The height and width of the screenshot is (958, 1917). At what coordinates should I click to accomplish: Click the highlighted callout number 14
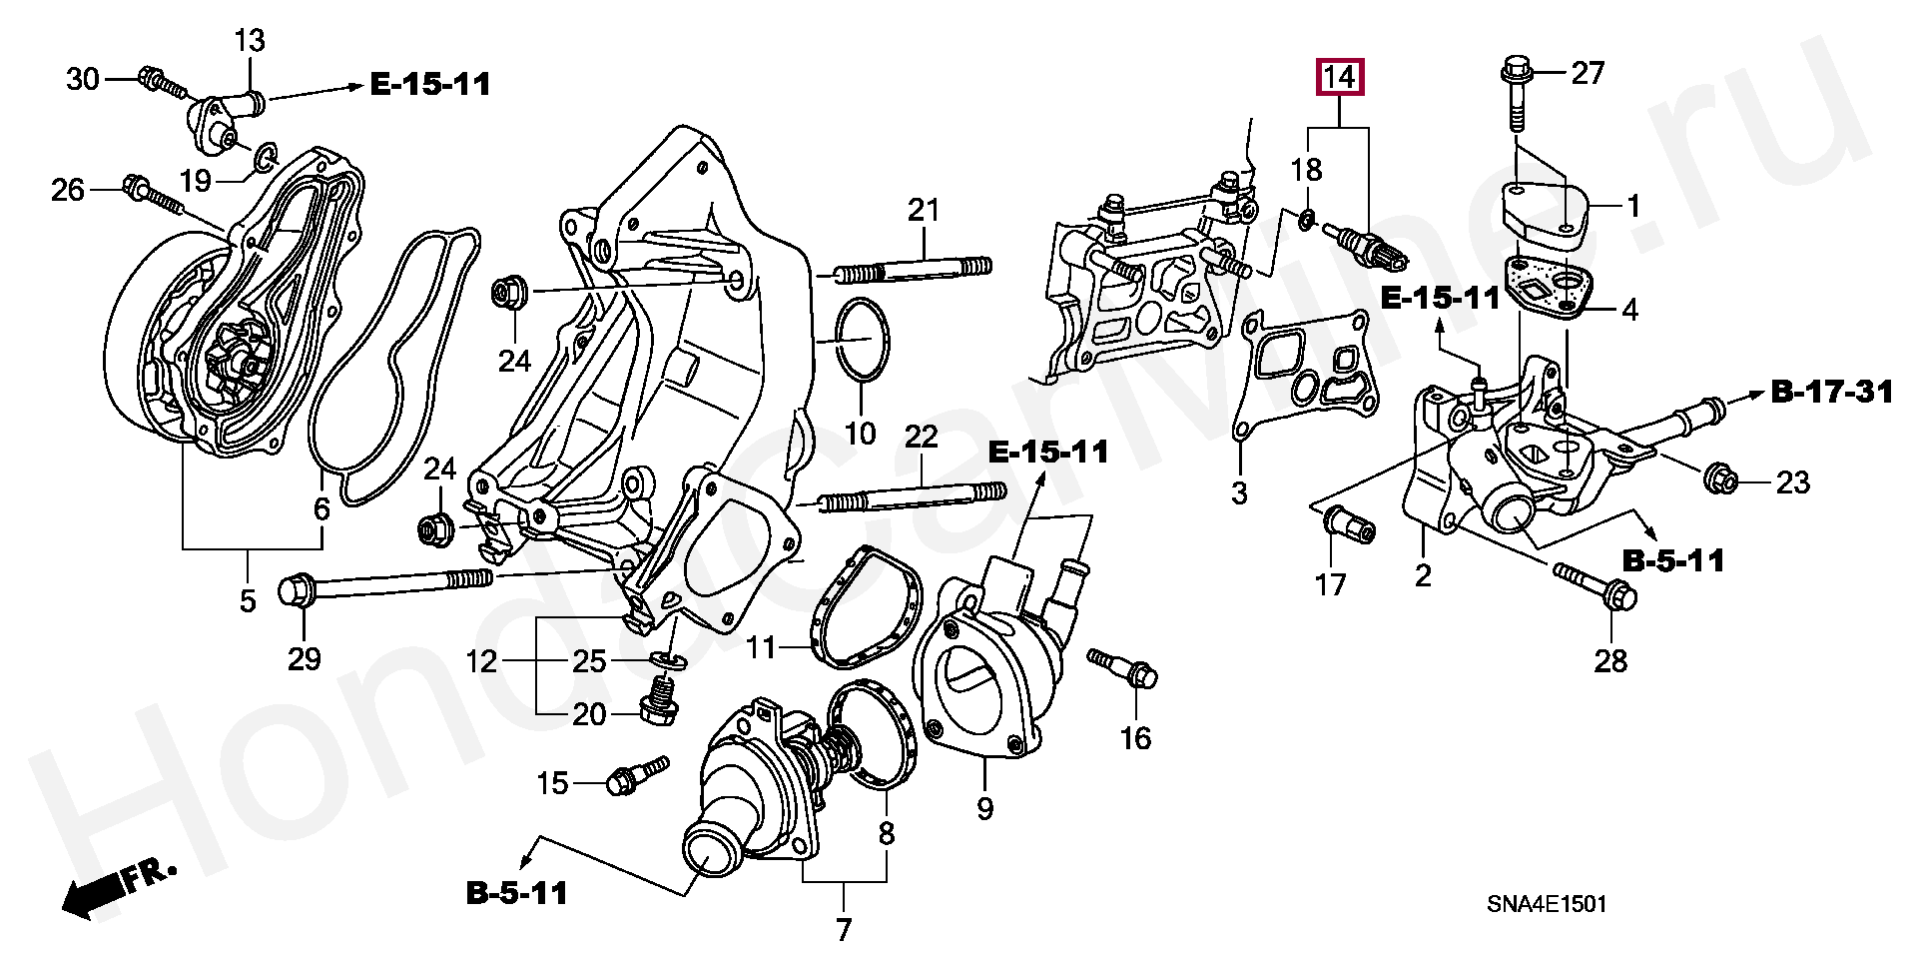(1341, 77)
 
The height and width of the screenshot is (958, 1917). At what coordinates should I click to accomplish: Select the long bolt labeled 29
(389, 584)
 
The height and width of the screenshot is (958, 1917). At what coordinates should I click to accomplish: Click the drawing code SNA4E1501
(1547, 905)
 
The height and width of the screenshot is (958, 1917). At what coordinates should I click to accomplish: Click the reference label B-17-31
(1832, 393)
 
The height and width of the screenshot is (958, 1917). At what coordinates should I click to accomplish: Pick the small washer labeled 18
(1307, 219)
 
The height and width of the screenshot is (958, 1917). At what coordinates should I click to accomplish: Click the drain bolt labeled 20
(658, 701)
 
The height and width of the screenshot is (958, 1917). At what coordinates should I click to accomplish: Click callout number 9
(985, 808)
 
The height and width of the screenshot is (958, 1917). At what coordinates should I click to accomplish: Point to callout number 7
(844, 929)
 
